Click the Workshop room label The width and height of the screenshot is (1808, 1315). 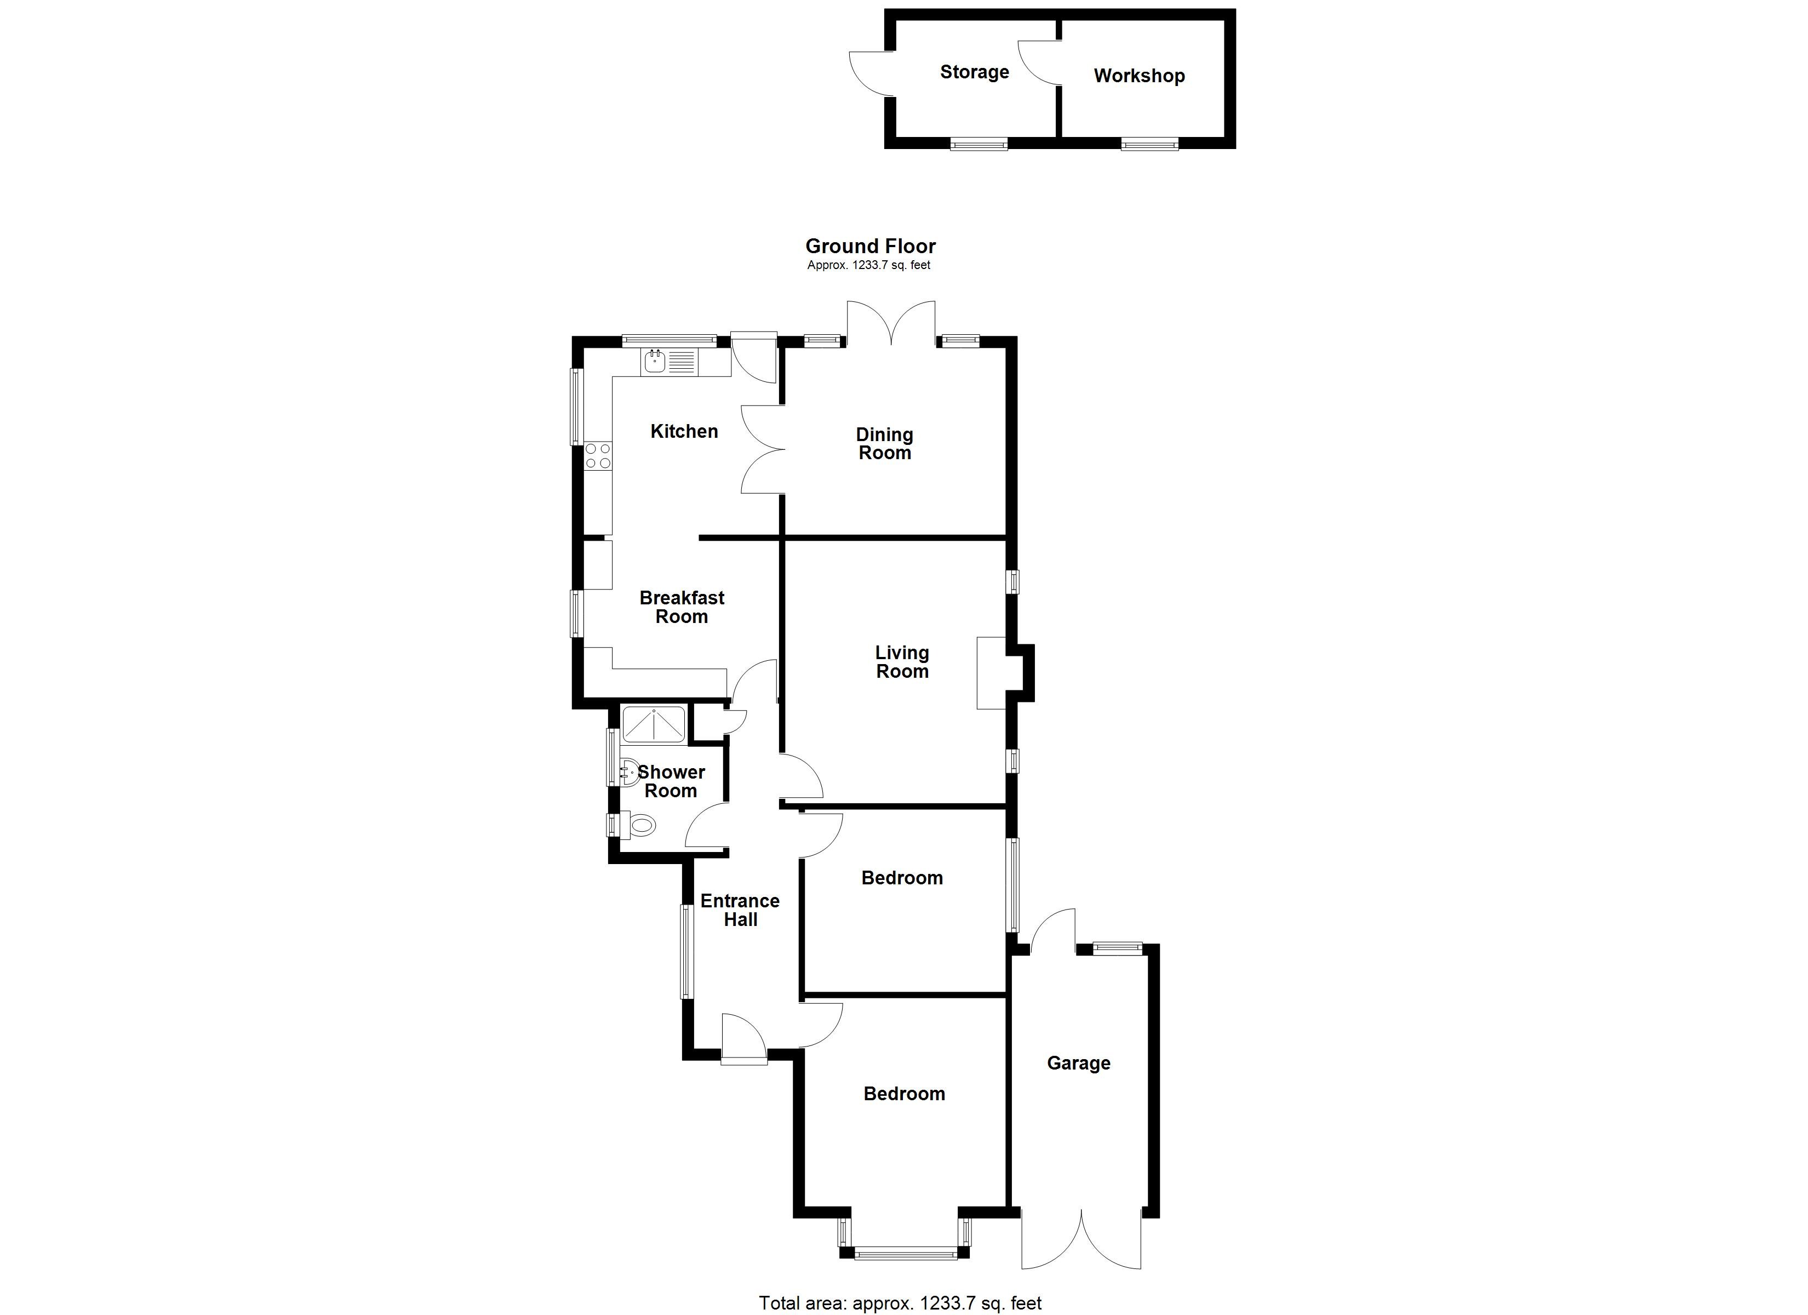(x=1139, y=76)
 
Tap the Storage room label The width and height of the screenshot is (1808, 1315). (x=974, y=72)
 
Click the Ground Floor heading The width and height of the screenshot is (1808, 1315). (x=871, y=247)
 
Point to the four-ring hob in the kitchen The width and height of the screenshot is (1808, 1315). (x=598, y=457)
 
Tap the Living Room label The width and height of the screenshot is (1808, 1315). (x=902, y=662)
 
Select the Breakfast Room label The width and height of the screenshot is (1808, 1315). (x=682, y=607)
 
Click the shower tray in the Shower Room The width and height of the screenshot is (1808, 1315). (x=654, y=725)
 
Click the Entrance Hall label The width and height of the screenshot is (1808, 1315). (x=740, y=910)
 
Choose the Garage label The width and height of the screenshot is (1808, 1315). (x=1079, y=1063)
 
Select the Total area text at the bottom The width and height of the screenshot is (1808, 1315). (x=900, y=1303)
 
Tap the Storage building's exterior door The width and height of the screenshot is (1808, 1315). (x=871, y=73)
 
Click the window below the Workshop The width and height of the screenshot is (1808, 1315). (x=1149, y=144)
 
